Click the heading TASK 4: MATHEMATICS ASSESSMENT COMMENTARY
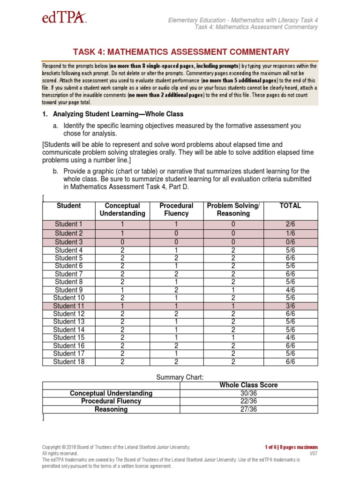(x=180, y=52)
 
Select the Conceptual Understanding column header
(x=122, y=210)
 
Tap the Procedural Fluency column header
(x=176, y=210)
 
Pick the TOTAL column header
(x=290, y=206)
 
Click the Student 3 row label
(x=68, y=242)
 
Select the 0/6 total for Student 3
(x=290, y=242)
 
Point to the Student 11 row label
(x=68, y=306)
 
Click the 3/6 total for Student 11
(x=290, y=306)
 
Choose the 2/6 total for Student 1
(x=290, y=225)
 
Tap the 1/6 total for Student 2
(x=290, y=233)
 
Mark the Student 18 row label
(x=68, y=361)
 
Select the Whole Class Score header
(x=248, y=385)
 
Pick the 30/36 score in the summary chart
(x=248, y=393)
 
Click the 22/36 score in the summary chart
(x=248, y=401)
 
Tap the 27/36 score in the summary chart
(x=248, y=409)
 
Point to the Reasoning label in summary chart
(x=111, y=409)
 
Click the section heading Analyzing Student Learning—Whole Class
(x=118, y=114)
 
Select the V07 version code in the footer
(x=313, y=453)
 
